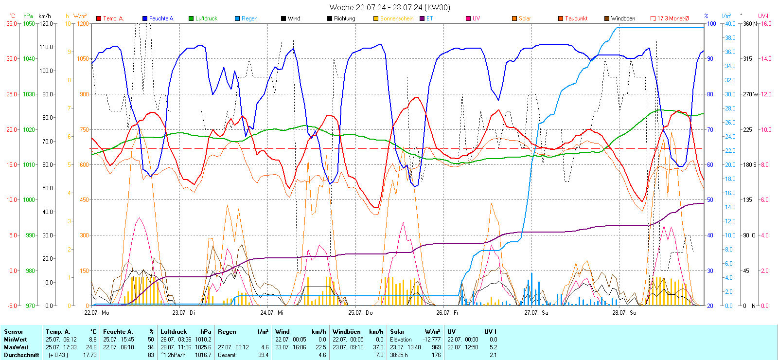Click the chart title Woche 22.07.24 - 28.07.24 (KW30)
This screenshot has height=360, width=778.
coord(389,7)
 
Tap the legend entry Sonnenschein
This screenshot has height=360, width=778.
coord(396,18)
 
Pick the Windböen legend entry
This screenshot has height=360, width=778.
coord(623,18)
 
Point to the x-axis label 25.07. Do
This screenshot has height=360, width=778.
coord(360,313)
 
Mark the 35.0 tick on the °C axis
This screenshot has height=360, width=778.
coord(12,23)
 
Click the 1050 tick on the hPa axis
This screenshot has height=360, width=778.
coord(29,23)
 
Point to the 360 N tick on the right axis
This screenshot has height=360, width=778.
coord(750,23)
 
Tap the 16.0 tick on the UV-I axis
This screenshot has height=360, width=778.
coord(766,23)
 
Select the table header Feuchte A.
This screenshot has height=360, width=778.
coord(118,332)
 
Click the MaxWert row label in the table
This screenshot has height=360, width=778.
coord(16,347)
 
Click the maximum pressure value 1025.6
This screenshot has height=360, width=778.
coord(203,347)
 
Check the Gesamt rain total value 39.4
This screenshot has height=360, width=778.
coord(263,355)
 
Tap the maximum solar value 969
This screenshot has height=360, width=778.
coord(436,347)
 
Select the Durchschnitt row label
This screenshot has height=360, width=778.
coord(21,355)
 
